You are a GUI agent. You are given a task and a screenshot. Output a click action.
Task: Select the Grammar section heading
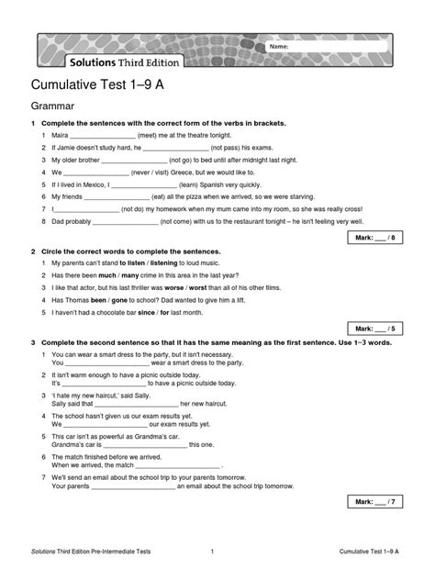pyautogui.click(x=54, y=107)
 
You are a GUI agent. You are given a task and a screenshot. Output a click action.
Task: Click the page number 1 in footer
pyautogui.click(x=212, y=552)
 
